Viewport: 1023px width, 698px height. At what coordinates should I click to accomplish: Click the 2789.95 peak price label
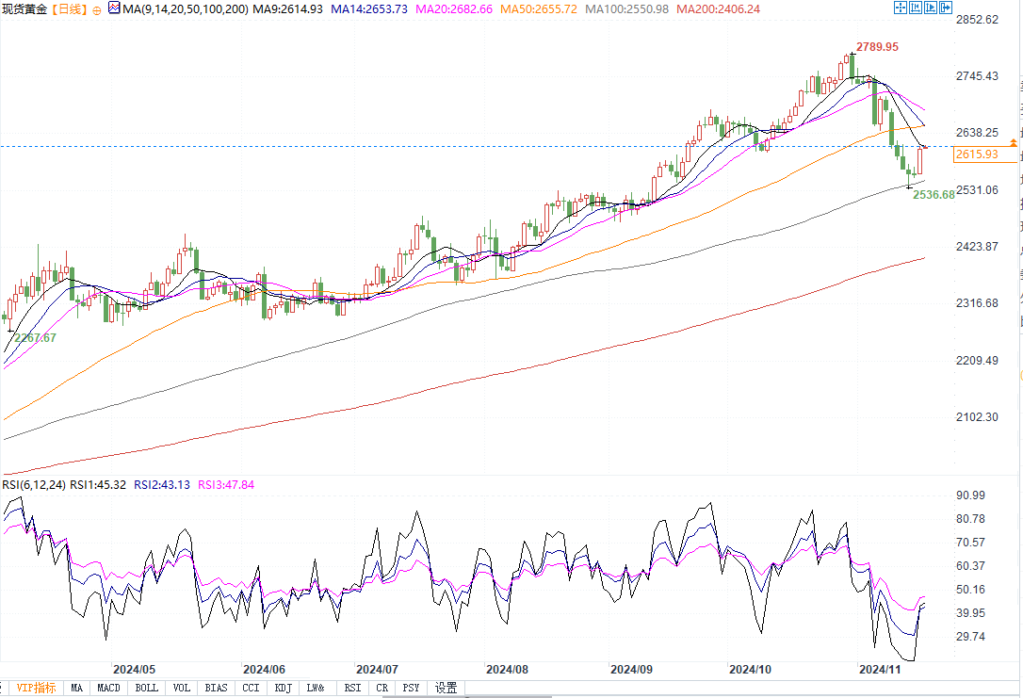pyautogui.click(x=877, y=46)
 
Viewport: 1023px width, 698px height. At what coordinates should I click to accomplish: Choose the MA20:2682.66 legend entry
pyautogui.click(x=441, y=8)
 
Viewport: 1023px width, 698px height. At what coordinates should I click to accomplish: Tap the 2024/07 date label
pyautogui.click(x=378, y=669)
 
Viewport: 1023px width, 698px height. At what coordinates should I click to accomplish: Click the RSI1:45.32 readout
pyautogui.click(x=101, y=485)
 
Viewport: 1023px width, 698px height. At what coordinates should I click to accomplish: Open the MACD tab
pyautogui.click(x=108, y=689)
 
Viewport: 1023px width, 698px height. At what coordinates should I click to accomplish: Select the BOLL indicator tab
pyautogui.click(x=147, y=689)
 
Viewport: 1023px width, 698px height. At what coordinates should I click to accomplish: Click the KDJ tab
pyautogui.click(x=284, y=689)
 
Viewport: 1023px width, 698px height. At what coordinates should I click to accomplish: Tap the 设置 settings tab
pyautogui.click(x=446, y=689)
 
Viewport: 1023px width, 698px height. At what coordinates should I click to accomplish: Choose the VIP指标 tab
pyautogui.click(x=36, y=689)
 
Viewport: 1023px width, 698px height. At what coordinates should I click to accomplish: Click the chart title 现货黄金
pyautogui.click(x=24, y=8)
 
